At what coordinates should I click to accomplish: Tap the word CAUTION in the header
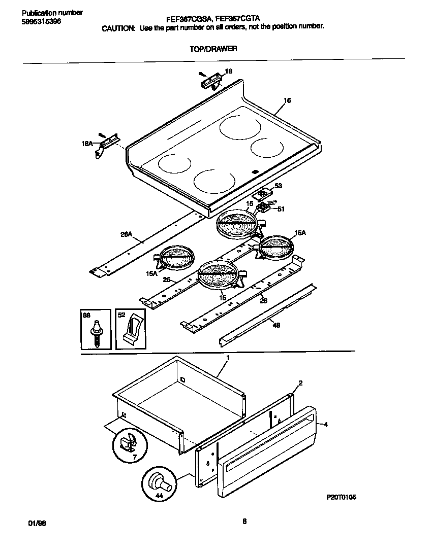pos(118,28)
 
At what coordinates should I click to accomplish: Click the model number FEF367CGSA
pos(187,19)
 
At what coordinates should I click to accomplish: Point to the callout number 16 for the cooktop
pos(287,100)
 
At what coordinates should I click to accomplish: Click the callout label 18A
pos(87,144)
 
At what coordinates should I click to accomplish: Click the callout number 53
pos(278,186)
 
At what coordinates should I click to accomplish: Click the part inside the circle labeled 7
pos(128,442)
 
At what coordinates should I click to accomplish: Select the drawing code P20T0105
pos(341,498)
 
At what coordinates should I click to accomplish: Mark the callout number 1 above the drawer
pos(228,358)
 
